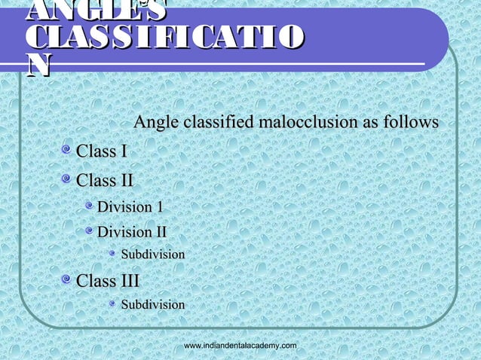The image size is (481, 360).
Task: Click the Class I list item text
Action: point(102,151)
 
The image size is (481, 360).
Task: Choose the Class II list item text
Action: point(106,181)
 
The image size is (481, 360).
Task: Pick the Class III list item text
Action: point(109,282)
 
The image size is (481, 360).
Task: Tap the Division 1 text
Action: point(130,206)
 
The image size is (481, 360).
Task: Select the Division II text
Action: point(133,232)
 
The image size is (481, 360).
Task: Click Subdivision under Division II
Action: point(153,255)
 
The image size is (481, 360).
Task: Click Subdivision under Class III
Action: point(153,305)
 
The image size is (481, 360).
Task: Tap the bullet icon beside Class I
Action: point(67,152)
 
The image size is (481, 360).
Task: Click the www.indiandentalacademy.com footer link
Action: point(240,345)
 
